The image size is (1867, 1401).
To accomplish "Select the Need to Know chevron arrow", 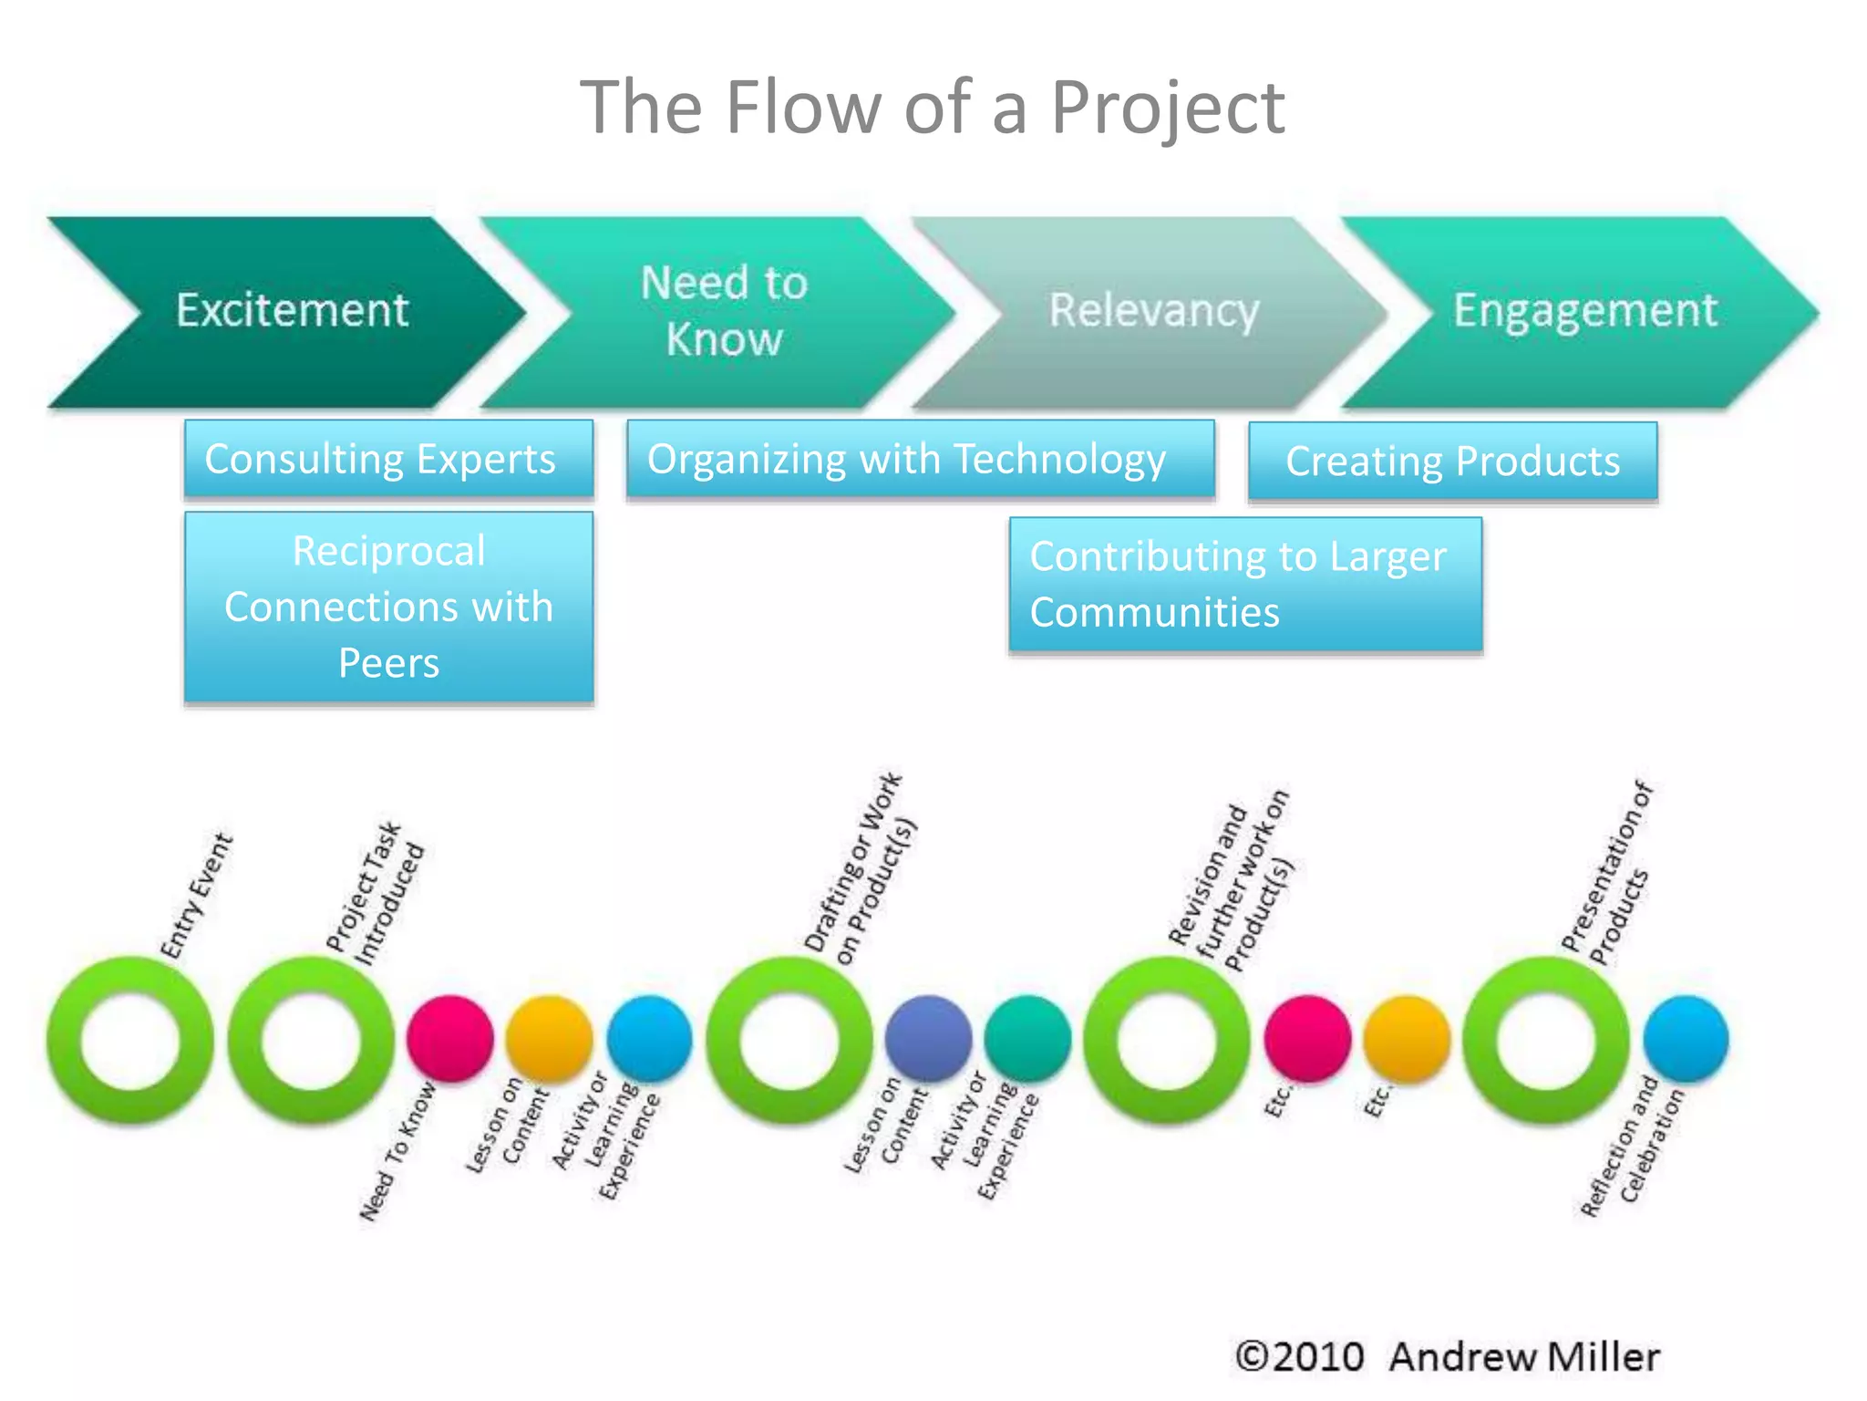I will click(x=723, y=312).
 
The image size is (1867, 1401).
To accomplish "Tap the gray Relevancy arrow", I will click(x=1153, y=312).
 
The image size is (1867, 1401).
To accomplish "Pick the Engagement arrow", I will click(x=1584, y=312).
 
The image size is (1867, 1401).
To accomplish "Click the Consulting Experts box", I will click(x=388, y=459).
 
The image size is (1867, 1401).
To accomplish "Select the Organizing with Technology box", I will click(x=920, y=459).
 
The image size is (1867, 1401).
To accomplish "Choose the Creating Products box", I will click(x=1452, y=462).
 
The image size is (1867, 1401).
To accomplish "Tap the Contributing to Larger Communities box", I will click(x=1245, y=585).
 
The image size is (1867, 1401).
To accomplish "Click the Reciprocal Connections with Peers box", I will click(x=388, y=607).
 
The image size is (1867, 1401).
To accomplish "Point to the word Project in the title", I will click(x=1167, y=108).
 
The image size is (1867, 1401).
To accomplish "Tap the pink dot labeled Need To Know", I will click(x=449, y=1038).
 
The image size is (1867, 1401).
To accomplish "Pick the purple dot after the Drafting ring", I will click(x=928, y=1038).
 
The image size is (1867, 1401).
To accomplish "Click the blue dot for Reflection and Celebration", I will click(x=1686, y=1038).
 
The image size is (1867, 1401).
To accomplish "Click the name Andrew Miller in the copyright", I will click(x=1523, y=1357).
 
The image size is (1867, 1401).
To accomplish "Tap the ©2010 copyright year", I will click(x=1300, y=1357).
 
